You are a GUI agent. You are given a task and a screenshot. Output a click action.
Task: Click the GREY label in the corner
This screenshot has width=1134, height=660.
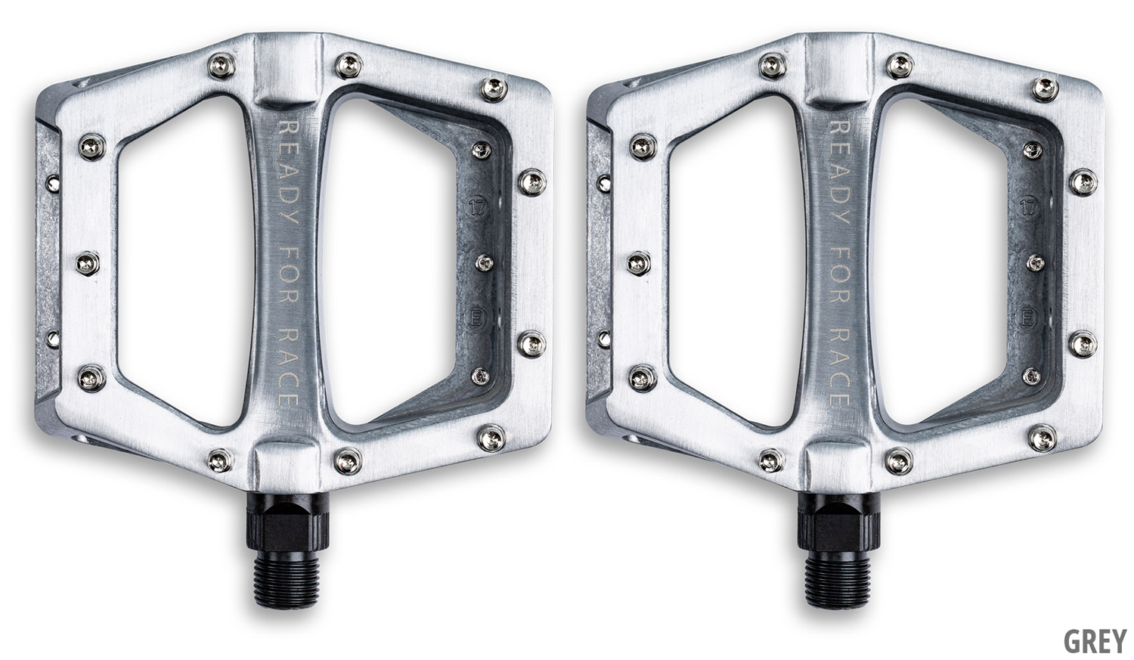tap(1095, 641)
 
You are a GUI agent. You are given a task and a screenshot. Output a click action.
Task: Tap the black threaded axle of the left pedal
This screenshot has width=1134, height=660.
tap(284, 580)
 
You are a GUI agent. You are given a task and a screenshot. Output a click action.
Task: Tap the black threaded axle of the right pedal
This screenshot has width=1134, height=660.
tap(835, 580)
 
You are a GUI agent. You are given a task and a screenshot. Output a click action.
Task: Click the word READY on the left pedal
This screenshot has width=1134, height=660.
tap(289, 173)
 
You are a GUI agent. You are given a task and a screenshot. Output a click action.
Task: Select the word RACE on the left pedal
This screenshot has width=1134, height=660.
tap(289, 367)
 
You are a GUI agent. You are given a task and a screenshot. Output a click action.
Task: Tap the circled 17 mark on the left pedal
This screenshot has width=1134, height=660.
tap(476, 207)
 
